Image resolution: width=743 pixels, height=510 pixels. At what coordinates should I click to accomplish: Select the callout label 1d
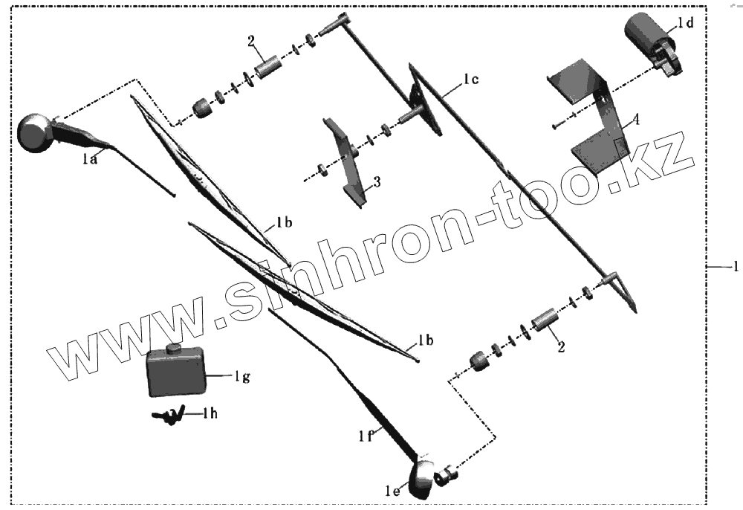click(x=684, y=24)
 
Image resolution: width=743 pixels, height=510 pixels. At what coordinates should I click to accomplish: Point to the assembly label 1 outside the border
click(x=735, y=266)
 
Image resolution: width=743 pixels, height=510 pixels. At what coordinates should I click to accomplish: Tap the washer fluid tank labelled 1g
click(x=176, y=373)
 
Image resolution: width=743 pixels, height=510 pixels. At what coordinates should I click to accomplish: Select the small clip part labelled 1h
click(x=167, y=418)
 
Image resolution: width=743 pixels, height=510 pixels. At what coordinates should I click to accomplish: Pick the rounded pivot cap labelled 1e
click(x=422, y=479)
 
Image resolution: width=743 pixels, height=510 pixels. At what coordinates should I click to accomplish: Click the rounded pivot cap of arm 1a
click(x=33, y=132)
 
